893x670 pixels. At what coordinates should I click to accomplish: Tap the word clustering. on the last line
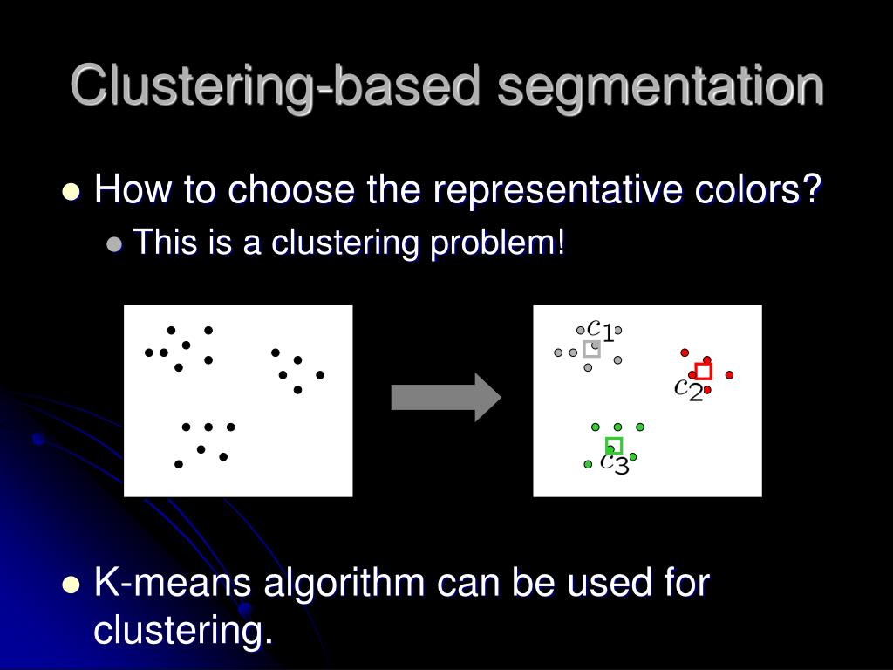183,631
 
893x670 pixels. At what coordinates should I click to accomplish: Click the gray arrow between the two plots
446,398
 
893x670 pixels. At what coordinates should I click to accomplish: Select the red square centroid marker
704,372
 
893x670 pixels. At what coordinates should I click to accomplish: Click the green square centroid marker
614,446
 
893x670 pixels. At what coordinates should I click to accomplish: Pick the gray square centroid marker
592,349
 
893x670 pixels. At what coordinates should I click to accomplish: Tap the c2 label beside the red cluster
689,389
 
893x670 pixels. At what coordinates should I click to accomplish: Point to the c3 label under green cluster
614,463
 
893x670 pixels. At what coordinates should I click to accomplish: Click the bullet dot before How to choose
72,192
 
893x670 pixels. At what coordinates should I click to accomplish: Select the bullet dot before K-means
72,585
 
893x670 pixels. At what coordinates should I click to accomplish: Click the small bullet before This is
113,245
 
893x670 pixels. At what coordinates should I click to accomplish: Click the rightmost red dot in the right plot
729,375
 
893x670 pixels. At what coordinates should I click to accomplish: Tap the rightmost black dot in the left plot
320,375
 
